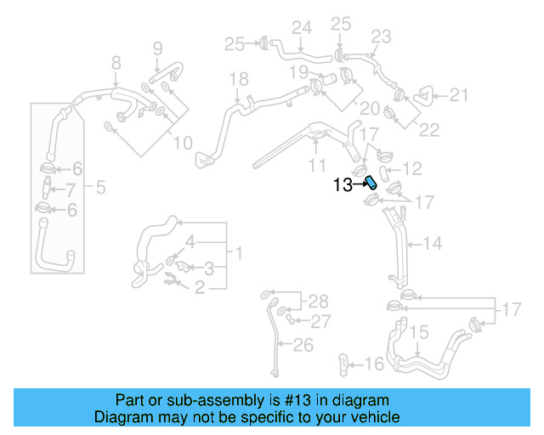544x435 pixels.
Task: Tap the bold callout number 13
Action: pyautogui.click(x=343, y=184)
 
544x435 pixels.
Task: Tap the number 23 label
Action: pyautogui.click(x=381, y=36)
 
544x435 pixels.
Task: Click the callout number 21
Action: pyautogui.click(x=459, y=95)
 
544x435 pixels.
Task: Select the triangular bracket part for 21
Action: pyautogui.click(x=423, y=96)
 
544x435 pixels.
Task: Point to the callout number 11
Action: pyautogui.click(x=317, y=163)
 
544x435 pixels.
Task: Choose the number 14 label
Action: pyautogui.click(x=433, y=244)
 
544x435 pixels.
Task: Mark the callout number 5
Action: pyautogui.click(x=100, y=187)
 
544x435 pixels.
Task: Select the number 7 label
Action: pyautogui.click(x=71, y=189)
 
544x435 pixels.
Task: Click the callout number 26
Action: pyautogui.click(x=303, y=345)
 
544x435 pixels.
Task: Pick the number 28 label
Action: pyautogui.click(x=317, y=301)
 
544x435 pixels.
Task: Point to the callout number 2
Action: pyautogui.click(x=200, y=289)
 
